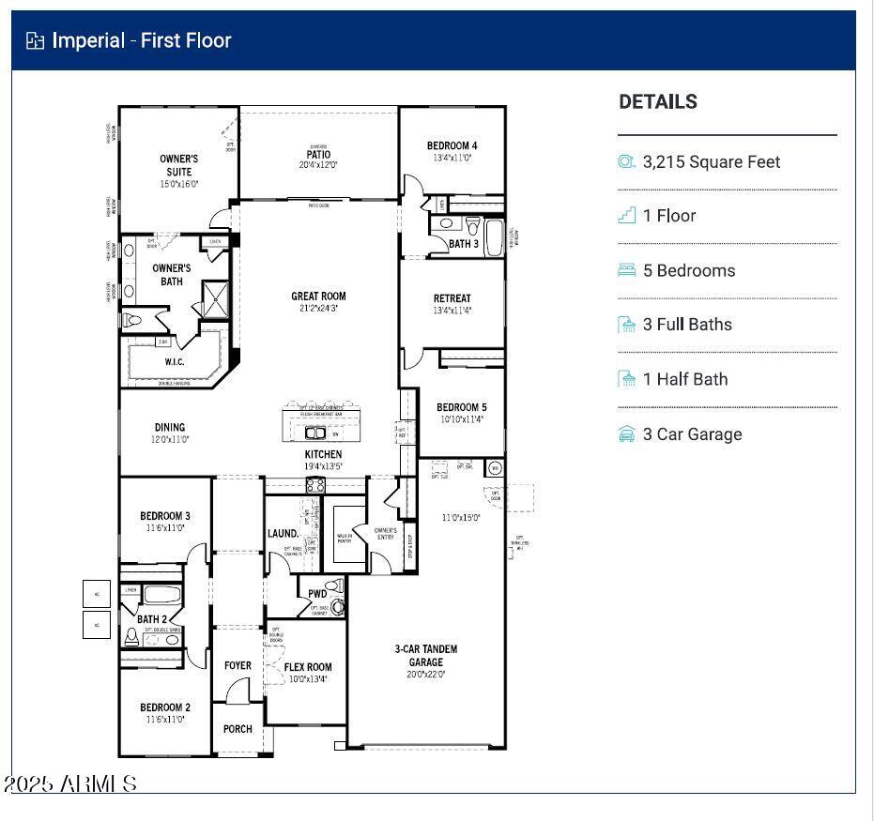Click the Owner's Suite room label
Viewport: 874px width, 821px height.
pos(178,165)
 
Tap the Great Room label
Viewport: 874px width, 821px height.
pos(318,296)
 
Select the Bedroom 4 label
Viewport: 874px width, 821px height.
pos(452,145)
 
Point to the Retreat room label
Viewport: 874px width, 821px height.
pos(452,298)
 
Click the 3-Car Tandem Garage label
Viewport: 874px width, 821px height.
pos(425,655)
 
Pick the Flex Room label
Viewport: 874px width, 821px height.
pos(308,667)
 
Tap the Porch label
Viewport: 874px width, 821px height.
pos(238,729)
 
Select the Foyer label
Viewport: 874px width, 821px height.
pos(238,665)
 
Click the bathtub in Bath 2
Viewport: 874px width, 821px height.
pos(163,595)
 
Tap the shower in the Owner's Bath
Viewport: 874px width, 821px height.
pos(215,299)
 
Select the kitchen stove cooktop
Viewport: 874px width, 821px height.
pos(315,485)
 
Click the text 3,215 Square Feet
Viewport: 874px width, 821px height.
pos(711,161)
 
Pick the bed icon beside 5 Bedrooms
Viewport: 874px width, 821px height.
pos(627,270)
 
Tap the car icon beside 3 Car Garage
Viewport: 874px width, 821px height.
pos(627,434)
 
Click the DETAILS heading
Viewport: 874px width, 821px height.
pos(657,102)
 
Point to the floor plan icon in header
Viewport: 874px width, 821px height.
pos(35,40)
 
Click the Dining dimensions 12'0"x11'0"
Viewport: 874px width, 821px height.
pos(170,439)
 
